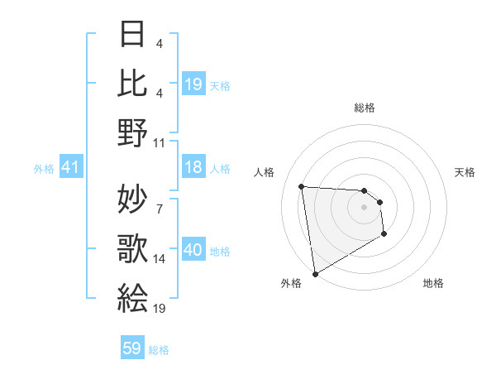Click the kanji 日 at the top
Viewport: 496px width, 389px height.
[132, 36]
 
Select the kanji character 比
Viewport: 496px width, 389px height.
[132, 83]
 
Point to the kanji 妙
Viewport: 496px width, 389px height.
[132, 199]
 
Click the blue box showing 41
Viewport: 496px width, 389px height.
[70, 168]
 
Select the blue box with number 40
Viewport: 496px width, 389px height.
[193, 251]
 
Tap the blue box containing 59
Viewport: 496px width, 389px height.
[132, 348]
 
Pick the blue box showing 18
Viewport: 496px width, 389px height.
[193, 168]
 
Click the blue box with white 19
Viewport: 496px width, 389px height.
[193, 85]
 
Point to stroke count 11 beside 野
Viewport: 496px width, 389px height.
[160, 142]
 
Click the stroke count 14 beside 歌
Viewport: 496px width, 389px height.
[160, 259]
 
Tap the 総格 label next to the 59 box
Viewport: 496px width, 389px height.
[159, 350]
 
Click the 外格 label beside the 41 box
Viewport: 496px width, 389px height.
[44, 169]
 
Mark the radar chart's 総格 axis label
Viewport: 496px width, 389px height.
[365, 108]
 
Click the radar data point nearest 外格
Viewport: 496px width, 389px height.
[315, 273]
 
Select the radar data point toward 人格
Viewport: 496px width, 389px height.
[302, 186]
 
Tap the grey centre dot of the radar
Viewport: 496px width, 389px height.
[365, 209]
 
